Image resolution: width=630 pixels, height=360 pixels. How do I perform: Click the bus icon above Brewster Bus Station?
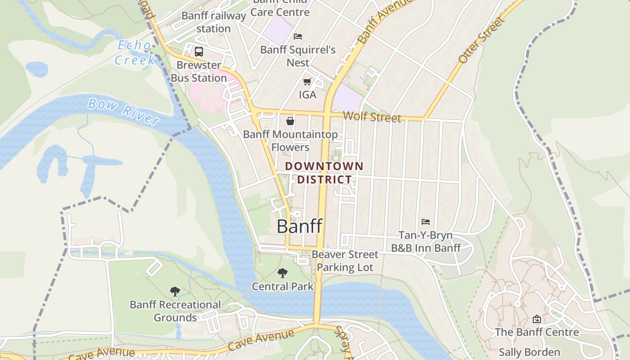tap(199, 51)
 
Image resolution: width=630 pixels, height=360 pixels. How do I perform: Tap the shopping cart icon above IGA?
tap(307, 81)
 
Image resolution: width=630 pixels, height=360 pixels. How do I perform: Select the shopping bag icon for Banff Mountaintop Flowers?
tap(290, 121)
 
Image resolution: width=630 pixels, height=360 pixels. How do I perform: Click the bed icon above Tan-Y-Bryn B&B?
tap(426, 221)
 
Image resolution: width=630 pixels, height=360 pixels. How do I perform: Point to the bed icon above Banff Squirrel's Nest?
tap(298, 36)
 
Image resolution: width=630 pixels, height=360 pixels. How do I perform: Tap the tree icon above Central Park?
tap(283, 273)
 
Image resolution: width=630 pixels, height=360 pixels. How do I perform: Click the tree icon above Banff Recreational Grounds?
tap(175, 291)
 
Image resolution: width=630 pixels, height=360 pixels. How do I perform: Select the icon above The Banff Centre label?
tap(536, 319)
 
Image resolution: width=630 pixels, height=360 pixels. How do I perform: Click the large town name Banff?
tap(300, 226)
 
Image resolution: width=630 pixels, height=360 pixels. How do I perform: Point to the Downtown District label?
tap(324, 173)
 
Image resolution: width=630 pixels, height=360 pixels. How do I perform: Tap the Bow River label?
tap(123, 111)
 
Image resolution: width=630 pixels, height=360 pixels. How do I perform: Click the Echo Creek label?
tap(135, 52)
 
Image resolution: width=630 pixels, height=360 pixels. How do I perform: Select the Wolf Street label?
tap(372, 117)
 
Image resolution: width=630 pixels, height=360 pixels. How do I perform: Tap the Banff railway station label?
tap(214, 22)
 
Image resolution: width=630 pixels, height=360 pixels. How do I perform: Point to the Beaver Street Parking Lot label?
tap(345, 261)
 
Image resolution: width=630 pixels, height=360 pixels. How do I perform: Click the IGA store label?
tap(308, 95)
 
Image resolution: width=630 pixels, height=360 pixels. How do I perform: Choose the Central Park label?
tap(283, 286)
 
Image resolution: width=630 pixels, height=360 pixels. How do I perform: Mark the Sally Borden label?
tap(529, 352)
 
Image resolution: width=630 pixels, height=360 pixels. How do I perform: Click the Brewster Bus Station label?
tap(198, 72)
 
